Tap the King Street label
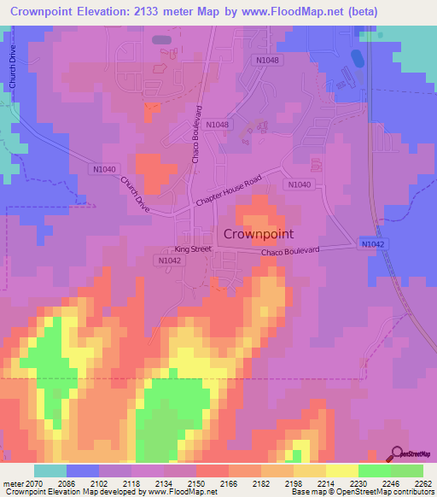(x=193, y=248)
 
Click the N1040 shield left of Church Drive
(x=103, y=169)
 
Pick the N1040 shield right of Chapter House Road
(x=299, y=184)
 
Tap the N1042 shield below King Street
(x=168, y=260)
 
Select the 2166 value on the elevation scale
(x=229, y=484)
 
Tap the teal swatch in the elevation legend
(x=50, y=471)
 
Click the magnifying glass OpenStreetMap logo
(x=396, y=455)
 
